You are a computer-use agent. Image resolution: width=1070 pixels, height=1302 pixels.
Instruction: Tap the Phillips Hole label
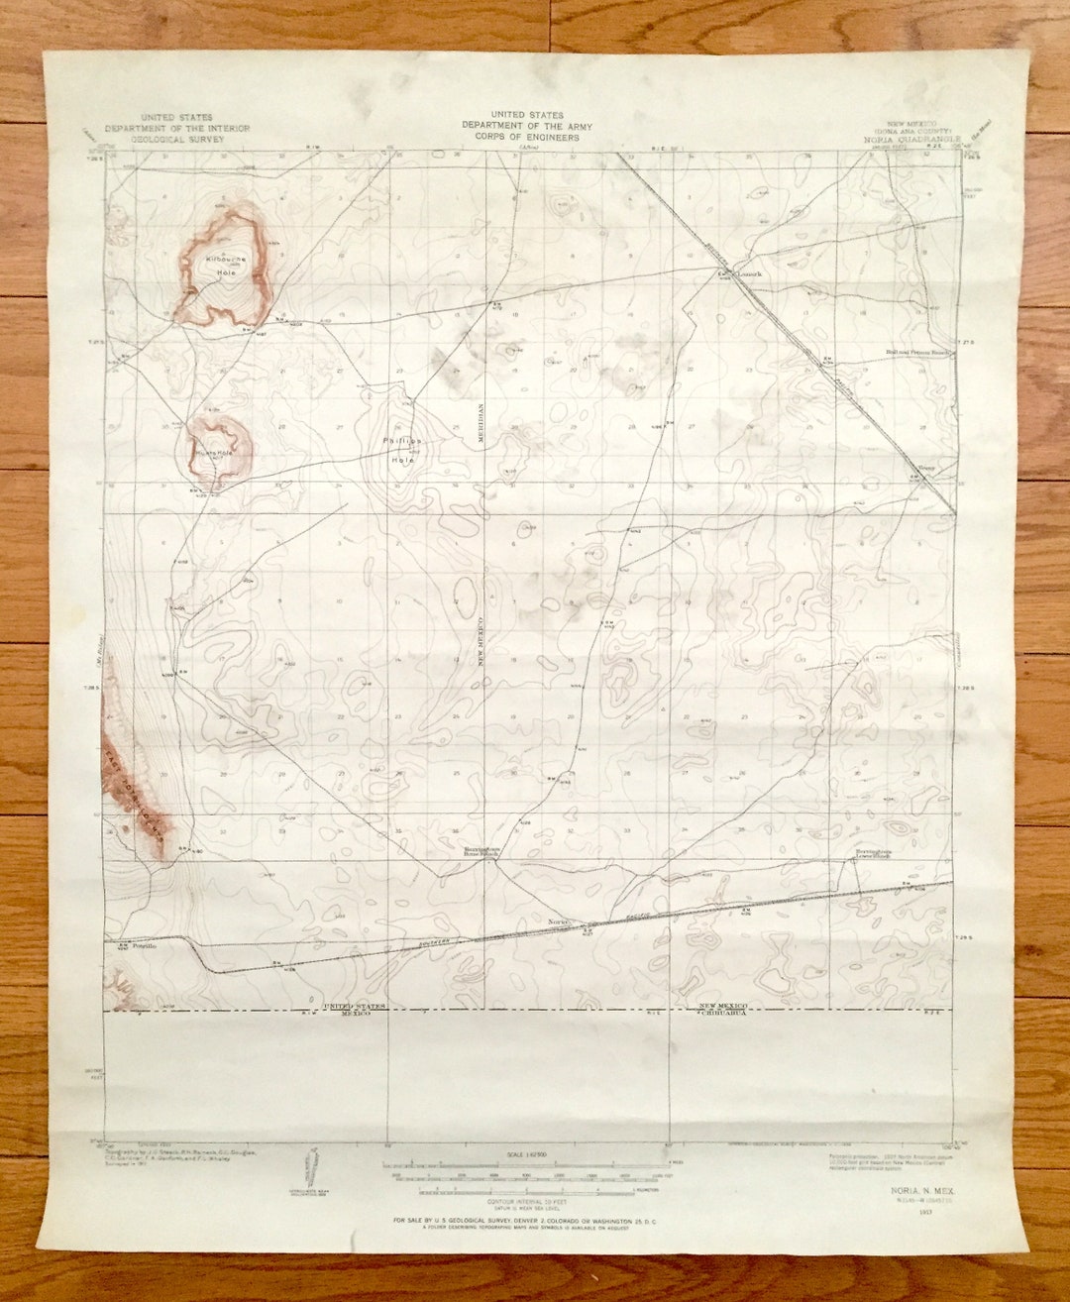tap(403, 450)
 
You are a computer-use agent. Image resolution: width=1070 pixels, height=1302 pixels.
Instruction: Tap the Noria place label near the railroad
tap(557, 921)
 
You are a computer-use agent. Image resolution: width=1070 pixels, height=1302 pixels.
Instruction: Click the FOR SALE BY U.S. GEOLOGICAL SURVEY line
tap(525, 1220)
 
